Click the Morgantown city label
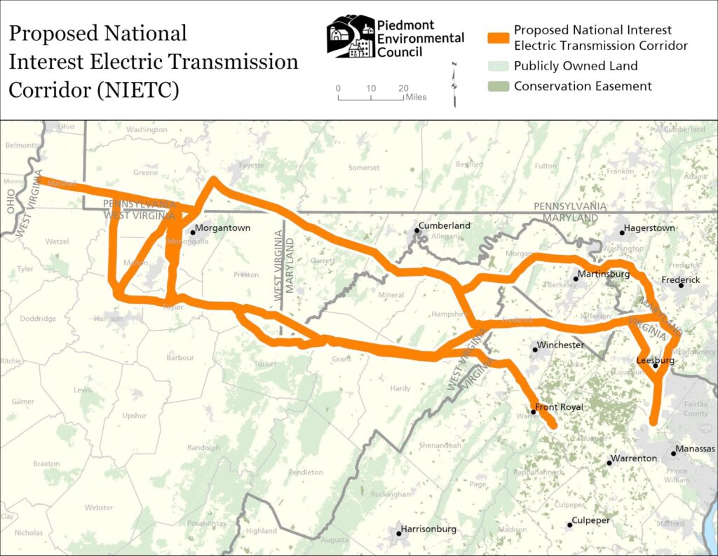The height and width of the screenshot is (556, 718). (222, 228)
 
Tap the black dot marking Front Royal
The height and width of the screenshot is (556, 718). (534, 412)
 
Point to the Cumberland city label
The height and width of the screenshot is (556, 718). (445, 226)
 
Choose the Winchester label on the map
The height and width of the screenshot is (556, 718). (561, 346)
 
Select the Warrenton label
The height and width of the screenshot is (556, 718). (635, 458)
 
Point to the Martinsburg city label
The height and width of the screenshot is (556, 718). (604, 274)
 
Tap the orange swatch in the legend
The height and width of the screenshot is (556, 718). (497, 37)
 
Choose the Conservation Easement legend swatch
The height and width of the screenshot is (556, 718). (497, 86)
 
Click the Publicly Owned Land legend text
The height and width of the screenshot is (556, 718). (576, 66)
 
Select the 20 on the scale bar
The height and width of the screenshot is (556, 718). (402, 88)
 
